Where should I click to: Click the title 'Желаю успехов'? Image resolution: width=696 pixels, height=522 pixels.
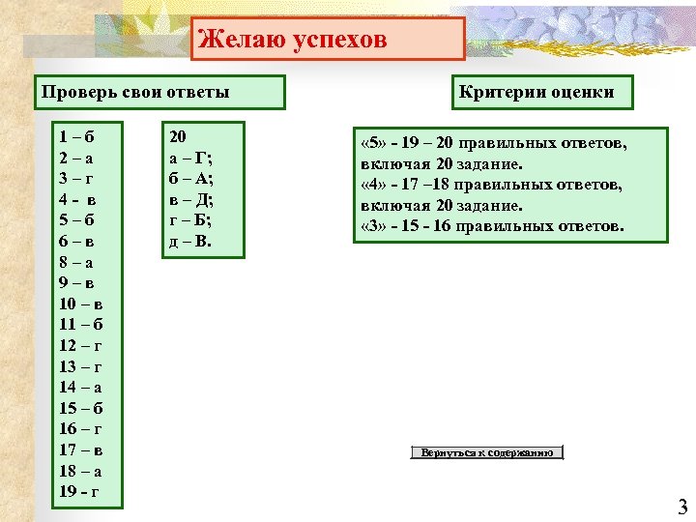tap(292, 40)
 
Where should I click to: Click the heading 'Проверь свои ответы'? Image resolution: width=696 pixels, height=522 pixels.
tap(135, 93)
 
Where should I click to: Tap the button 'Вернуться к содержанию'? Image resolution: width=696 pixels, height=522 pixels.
tap(486, 452)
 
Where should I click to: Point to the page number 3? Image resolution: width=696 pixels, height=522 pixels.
tap(681, 506)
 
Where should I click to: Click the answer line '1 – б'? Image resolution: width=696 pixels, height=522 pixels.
tap(78, 136)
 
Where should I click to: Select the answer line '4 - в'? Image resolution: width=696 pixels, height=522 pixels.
tap(78, 198)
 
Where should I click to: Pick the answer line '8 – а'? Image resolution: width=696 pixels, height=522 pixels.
tap(78, 261)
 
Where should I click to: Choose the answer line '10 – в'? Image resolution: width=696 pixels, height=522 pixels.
tap(81, 304)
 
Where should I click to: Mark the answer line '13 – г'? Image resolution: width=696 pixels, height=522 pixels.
tap(81, 365)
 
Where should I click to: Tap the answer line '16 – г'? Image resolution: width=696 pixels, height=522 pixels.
tap(81, 428)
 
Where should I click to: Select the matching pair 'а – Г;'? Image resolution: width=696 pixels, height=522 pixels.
tap(191, 158)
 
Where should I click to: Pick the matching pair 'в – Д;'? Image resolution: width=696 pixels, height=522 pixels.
tap(191, 199)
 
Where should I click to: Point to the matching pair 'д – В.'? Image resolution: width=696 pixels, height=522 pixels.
tap(190, 241)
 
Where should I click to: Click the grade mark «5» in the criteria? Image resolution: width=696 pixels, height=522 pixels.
tap(373, 144)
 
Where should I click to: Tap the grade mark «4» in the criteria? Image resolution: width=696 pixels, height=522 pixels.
tap(373, 186)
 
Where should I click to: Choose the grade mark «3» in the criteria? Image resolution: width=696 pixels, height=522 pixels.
tap(373, 227)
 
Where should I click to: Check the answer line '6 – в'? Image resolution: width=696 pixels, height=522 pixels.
tap(78, 241)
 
